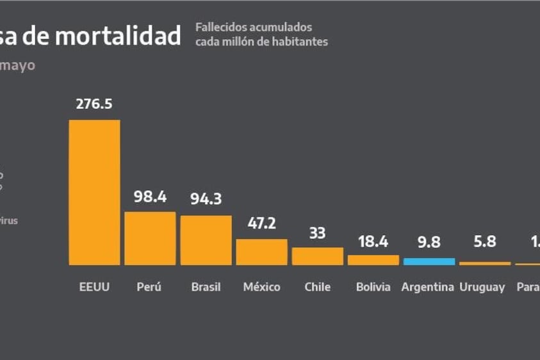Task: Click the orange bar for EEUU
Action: [94, 192]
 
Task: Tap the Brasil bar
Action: [206, 240]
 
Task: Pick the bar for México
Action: [261, 252]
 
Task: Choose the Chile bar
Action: [317, 256]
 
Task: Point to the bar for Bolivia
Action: [373, 260]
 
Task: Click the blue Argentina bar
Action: [429, 261]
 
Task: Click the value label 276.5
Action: [94, 104]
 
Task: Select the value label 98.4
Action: [150, 196]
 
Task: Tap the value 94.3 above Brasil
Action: [206, 199]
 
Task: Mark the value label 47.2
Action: [261, 223]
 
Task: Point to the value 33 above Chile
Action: [317, 233]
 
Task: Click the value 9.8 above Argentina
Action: [429, 243]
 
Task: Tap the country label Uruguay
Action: [482, 288]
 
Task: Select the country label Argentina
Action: [428, 287]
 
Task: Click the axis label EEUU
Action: [94, 287]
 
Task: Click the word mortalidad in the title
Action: [117, 36]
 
